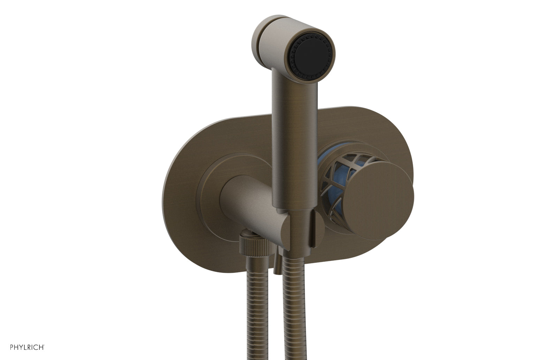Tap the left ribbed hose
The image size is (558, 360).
click(x=257, y=314)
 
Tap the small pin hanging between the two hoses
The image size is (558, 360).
click(x=278, y=265)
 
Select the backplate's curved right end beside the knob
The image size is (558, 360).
click(x=410, y=157)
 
